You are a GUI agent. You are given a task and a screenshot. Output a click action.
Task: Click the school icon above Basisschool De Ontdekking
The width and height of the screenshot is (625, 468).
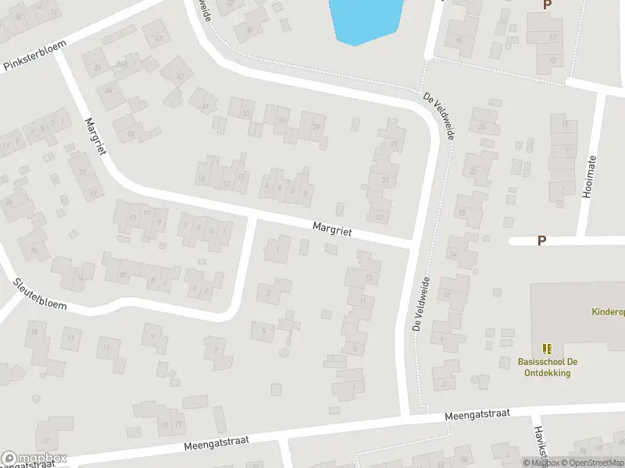[x=546, y=348]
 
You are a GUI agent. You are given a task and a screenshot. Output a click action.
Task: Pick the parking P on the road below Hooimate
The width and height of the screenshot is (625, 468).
[x=541, y=241]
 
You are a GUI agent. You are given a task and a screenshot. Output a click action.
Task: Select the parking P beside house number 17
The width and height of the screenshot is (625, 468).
[x=547, y=5]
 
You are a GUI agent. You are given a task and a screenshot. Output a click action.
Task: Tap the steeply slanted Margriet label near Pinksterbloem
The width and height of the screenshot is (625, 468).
[x=94, y=136]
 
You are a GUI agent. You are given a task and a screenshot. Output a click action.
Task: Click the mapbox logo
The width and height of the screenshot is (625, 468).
[x=34, y=458]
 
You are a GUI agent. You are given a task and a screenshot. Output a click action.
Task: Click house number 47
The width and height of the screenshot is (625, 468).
[x=159, y=39]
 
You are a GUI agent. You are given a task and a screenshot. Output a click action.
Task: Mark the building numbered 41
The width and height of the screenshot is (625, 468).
[x=206, y=106]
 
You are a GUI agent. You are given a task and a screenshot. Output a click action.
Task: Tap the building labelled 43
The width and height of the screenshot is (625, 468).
[x=180, y=76]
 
